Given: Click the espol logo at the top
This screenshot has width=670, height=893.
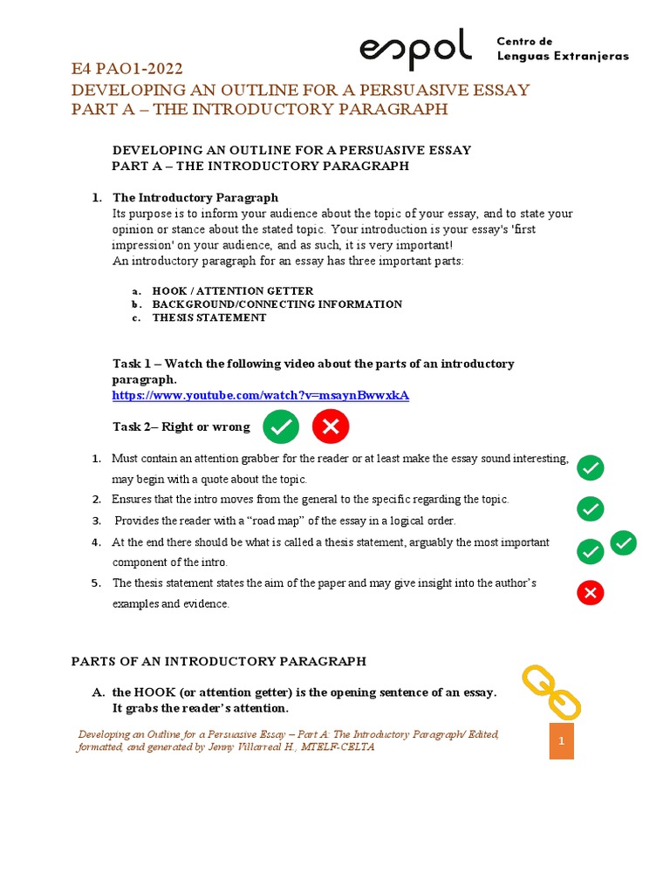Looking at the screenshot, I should click(415, 49).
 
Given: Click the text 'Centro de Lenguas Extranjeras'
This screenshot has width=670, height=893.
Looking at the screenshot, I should click(562, 50).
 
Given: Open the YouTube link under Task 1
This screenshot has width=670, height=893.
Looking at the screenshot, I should click(261, 395).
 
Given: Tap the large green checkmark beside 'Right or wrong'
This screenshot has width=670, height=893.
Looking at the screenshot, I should click(281, 426).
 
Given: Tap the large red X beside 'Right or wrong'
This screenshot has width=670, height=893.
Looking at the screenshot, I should click(331, 426).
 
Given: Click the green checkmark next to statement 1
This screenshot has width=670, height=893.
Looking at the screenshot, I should click(591, 468).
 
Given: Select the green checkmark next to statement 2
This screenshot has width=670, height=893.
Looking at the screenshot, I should click(591, 508).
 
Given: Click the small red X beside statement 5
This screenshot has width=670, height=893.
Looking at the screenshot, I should click(591, 594).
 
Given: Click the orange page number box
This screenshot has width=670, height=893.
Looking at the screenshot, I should click(562, 741).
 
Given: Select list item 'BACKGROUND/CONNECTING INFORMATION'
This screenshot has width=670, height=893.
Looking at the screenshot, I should click(277, 304).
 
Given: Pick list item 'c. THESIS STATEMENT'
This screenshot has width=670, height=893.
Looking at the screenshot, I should click(209, 317).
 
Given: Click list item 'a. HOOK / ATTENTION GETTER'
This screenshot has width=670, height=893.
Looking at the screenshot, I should click(232, 290).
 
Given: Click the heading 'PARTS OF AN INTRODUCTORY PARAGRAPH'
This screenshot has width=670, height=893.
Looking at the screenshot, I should click(218, 661).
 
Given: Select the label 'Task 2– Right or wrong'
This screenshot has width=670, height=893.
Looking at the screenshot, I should click(181, 426).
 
